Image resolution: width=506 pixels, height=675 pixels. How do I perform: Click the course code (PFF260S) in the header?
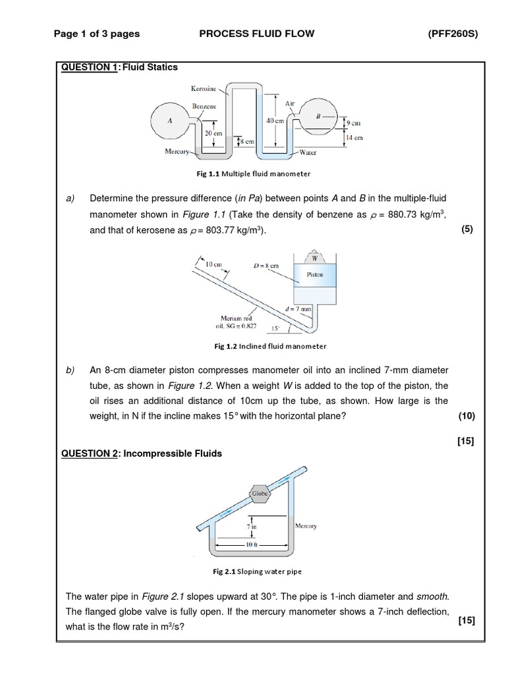coord(452,34)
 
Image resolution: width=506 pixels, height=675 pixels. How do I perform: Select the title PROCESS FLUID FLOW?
coord(257,34)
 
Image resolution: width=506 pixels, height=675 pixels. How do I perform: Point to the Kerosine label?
coord(204,88)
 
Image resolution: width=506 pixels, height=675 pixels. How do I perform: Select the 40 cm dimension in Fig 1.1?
coord(275,121)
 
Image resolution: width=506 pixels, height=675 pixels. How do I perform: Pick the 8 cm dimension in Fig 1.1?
coord(247,141)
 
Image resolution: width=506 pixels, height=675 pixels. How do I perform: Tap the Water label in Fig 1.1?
coord(308,152)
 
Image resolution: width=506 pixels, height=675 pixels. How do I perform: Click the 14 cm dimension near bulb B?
coord(354,138)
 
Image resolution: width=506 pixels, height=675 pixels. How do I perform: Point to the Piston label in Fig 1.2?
coord(315,275)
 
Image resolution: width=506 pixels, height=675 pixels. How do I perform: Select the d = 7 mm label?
coord(298,308)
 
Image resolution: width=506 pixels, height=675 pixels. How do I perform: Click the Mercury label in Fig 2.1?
coord(306,526)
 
